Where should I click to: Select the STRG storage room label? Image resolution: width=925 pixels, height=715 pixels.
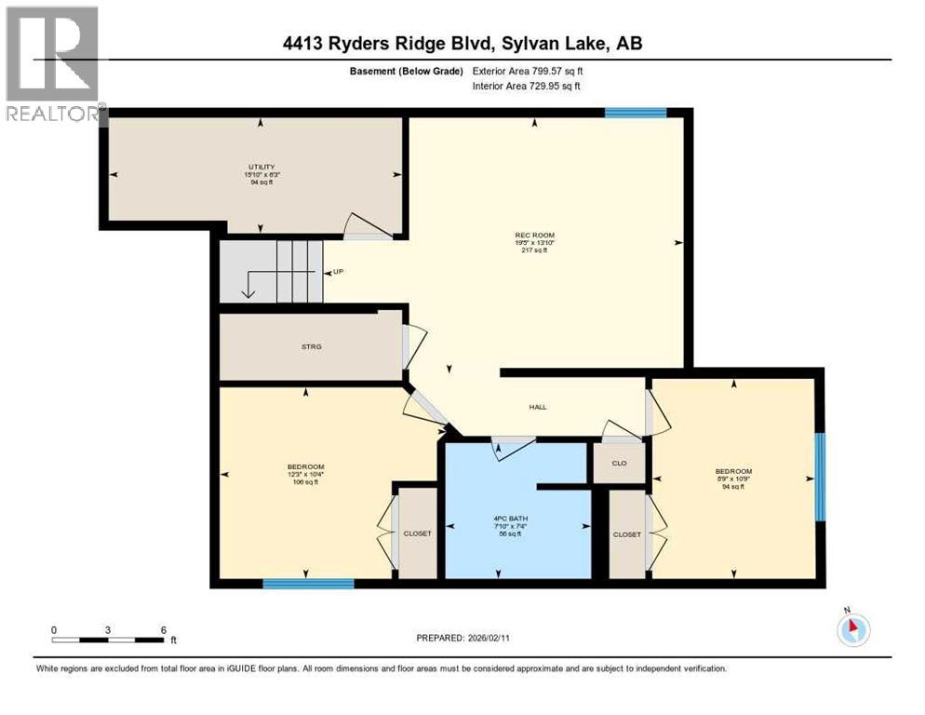[x=310, y=346]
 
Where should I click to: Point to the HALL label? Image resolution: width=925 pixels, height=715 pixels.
[x=538, y=407]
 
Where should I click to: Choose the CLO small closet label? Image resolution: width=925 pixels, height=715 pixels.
[x=619, y=463]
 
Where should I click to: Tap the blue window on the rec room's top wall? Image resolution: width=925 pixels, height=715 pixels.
[x=635, y=113]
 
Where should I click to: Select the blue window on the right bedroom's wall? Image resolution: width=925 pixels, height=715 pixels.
[x=819, y=477]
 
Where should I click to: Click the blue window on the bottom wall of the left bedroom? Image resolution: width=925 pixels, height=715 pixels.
[x=308, y=584]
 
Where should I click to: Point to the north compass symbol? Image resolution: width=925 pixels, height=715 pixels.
[x=851, y=628]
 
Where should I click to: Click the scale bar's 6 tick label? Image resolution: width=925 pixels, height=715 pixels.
[x=163, y=629]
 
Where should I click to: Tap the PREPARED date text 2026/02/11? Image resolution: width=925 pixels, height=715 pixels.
[x=462, y=638]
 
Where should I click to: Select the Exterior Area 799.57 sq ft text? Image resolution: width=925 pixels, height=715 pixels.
[x=528, y=71]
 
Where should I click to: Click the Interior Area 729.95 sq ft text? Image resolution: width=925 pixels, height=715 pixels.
[x=528, y=87]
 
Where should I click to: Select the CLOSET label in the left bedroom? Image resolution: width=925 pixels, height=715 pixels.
[x=417, y=533]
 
